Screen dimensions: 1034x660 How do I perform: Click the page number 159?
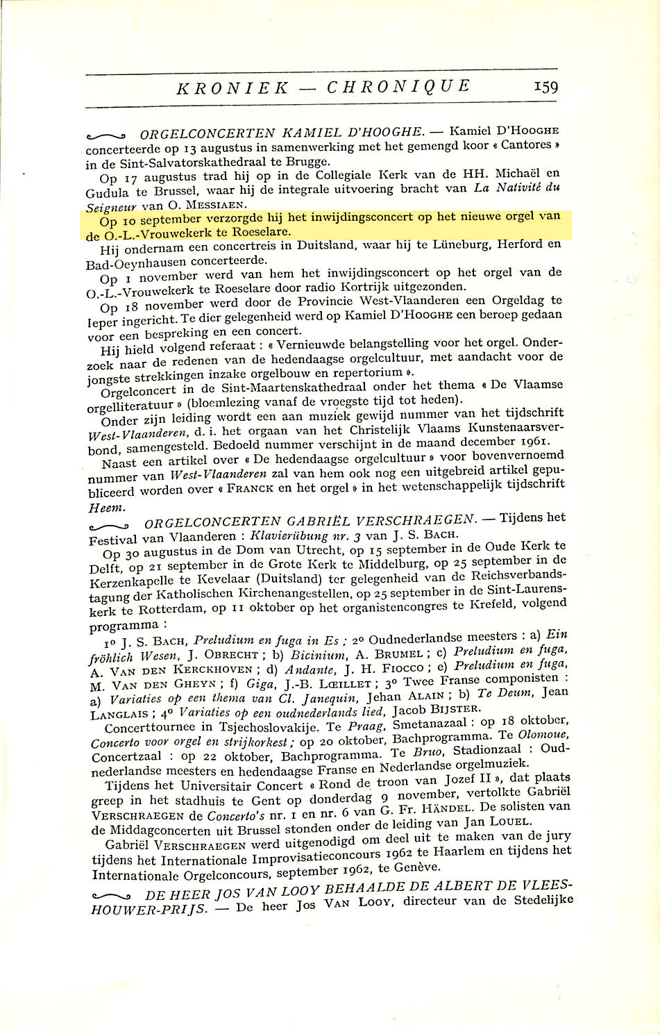545,86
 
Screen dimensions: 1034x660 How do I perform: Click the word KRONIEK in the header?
232,87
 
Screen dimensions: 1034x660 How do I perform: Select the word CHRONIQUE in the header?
398,86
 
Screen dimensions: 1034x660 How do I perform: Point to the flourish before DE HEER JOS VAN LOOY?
111,897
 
